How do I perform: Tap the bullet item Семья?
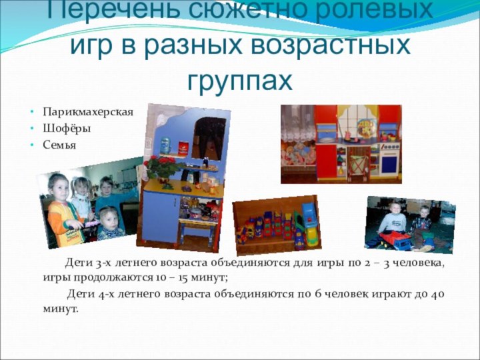60,145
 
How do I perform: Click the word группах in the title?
240,81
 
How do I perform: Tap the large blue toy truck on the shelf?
308,215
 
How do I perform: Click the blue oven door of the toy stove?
387,163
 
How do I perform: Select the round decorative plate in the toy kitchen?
365,127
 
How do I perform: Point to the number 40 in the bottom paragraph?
437,293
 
